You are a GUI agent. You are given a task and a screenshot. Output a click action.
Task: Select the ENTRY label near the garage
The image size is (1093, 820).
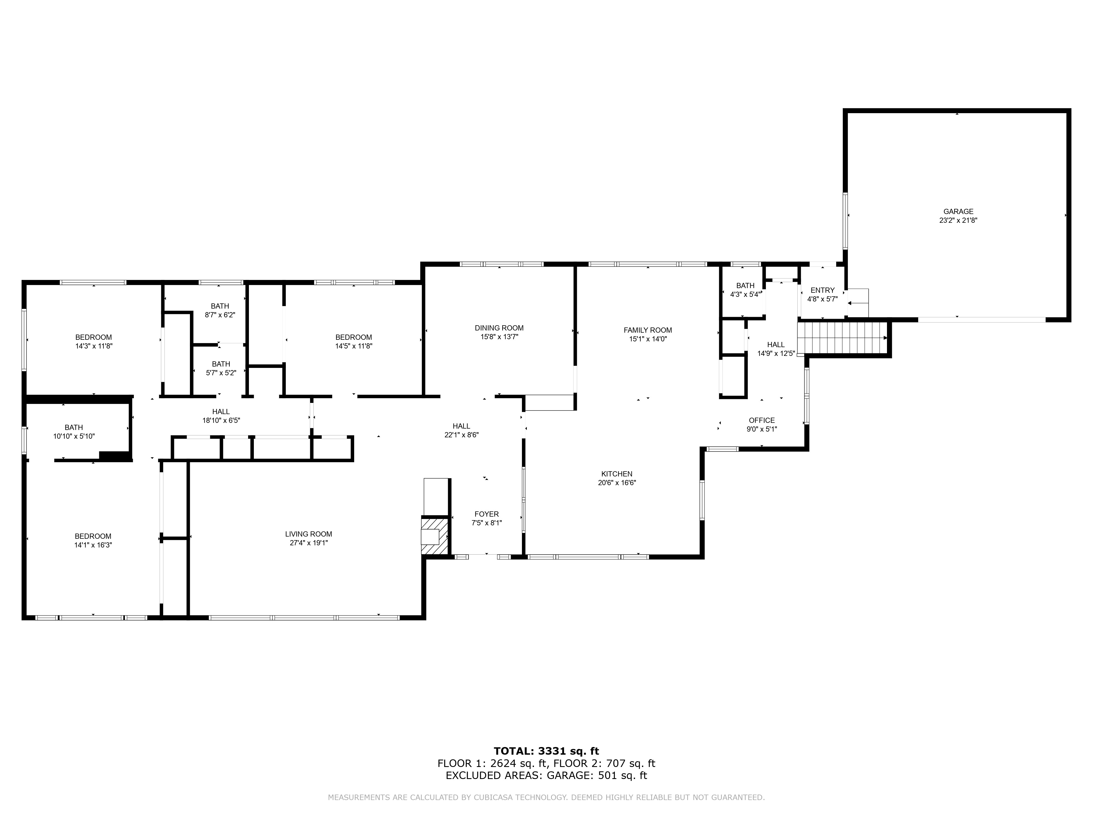[x=822, y=290]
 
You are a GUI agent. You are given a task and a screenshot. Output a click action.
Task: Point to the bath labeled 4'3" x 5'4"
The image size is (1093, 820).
[x=745, y=290]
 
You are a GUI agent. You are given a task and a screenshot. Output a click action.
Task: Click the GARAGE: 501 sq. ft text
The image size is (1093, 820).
[x=597, y=775]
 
